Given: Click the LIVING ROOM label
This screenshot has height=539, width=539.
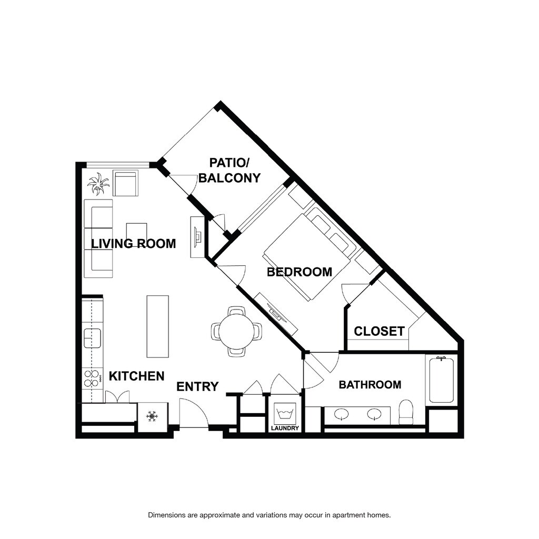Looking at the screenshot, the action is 133,244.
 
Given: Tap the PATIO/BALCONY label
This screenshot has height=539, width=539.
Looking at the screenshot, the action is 229,171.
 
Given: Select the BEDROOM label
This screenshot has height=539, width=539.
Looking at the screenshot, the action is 300,272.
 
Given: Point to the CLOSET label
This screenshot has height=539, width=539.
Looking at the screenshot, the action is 379,332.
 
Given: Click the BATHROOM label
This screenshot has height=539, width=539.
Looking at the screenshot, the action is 370,384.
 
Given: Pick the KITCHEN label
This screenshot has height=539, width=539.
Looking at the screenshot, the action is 136,376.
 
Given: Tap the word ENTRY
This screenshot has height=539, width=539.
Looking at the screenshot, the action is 197,387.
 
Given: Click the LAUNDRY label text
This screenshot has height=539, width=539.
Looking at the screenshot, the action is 285,428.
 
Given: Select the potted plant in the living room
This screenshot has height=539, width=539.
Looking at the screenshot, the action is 98,184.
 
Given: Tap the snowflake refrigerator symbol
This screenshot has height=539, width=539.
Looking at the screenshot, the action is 152,416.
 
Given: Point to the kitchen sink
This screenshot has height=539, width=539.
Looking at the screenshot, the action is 93,338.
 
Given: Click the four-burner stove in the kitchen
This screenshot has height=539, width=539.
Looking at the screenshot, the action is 92,378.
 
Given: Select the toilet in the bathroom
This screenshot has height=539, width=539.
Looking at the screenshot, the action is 406,412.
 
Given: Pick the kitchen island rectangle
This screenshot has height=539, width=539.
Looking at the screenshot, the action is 158,326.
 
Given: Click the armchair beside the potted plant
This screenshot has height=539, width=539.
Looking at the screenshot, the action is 125,183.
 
